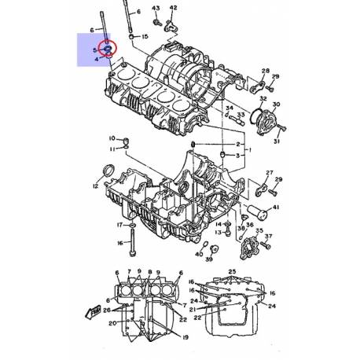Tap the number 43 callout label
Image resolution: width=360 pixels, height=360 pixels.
click(156, 8)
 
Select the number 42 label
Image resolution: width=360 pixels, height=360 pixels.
click(174, 8)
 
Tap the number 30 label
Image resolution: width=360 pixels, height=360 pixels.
click(275, 104)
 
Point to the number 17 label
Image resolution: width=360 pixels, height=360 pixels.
click(120, 225)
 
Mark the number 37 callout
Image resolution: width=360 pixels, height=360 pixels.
click(268, 236)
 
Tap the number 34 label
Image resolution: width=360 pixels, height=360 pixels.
click(230, 108)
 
